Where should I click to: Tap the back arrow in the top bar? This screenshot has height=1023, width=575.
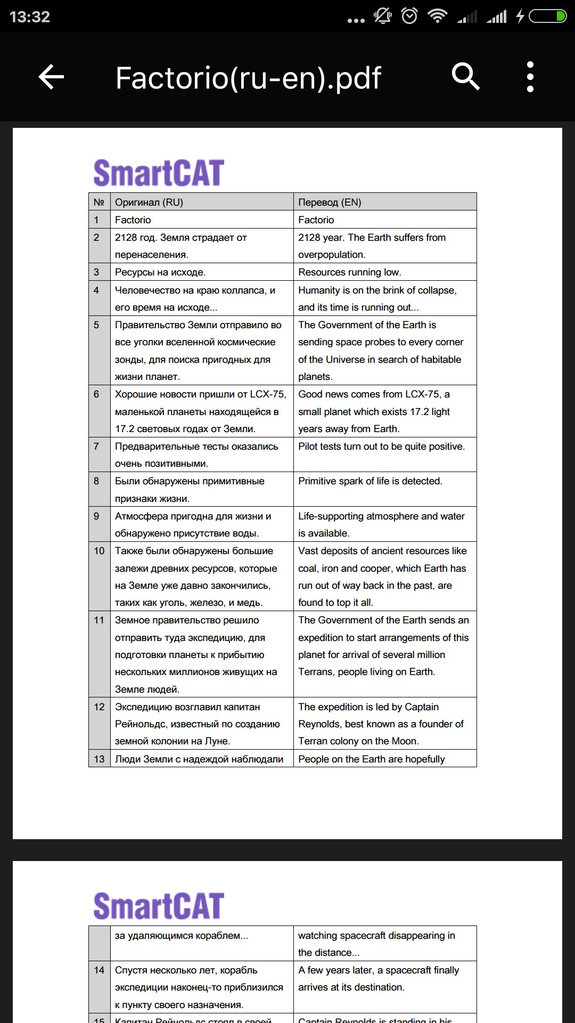[51, 77]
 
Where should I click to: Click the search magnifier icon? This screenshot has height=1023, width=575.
[465, 77]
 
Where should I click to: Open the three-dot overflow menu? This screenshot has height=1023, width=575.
[530, 77]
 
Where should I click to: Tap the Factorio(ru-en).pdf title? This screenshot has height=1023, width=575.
[248, 78]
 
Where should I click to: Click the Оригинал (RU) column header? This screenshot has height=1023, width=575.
[149, 202]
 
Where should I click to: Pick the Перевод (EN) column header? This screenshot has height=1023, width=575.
[330, 202]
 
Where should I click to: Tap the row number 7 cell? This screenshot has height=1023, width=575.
[96, 446]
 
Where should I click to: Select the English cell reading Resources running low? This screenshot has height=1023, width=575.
[350, 272]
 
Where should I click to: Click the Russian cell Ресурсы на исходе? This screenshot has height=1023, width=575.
[160, 272]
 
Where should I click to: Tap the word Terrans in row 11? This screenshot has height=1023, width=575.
[315, 672]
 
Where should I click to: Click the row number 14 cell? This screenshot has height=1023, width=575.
[99, 970]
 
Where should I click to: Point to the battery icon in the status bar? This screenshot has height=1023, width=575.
[547, 17]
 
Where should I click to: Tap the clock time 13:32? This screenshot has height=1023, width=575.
[30, 17]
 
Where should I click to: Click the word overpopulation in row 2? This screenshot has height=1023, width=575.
[331, 255]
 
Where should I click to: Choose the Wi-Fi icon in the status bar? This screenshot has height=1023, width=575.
[438, 17]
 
